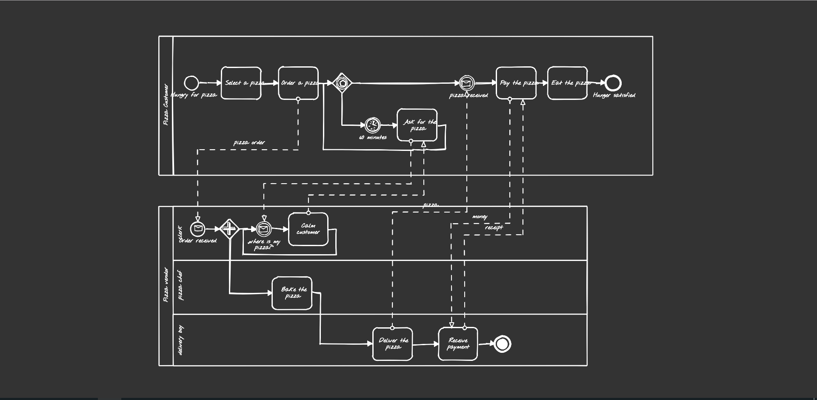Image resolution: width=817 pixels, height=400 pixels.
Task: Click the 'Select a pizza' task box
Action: [241, 83]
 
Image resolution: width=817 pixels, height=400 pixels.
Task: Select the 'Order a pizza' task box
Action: [298, 83]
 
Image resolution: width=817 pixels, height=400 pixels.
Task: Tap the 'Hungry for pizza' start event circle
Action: [191, 83]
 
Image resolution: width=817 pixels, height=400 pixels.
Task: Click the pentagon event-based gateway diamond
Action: [342, 83]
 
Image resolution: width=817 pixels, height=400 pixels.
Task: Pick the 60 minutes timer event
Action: [372, 125]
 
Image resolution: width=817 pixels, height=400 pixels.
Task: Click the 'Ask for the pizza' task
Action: [417, 125]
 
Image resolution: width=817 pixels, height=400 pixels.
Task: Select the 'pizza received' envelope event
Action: [466, 83]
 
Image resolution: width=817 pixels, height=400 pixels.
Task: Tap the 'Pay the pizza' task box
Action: [516, 83]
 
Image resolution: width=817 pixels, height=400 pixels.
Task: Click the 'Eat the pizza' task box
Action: [567, 83]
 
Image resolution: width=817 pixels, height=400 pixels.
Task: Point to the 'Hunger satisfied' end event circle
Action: [613, 83]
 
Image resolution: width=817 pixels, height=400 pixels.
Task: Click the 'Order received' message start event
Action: [197, 229]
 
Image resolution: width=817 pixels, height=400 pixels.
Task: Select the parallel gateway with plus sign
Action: [229, 229]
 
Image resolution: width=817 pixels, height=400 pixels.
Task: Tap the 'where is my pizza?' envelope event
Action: [264, 229]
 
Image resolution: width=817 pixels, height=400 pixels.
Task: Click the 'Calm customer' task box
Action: [308, 229]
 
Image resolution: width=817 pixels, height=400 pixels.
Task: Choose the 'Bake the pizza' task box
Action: [292, 293]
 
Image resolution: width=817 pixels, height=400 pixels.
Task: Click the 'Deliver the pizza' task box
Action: [392, 344]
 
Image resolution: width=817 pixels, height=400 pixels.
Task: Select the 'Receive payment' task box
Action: [458, 344]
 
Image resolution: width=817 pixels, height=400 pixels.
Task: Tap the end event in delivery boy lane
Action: [502, 344]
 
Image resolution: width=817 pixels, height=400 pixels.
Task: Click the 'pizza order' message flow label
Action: [249, 143]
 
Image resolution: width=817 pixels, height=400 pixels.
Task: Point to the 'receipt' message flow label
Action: [494, 227]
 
